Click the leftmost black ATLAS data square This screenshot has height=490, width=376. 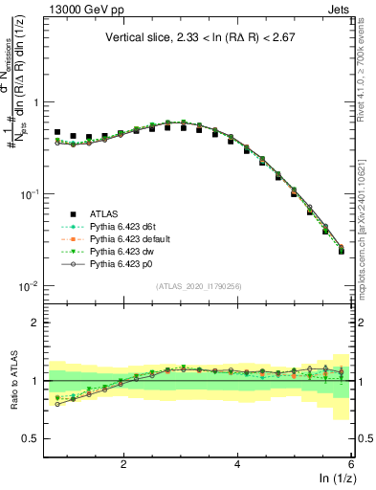coord(57,132)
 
